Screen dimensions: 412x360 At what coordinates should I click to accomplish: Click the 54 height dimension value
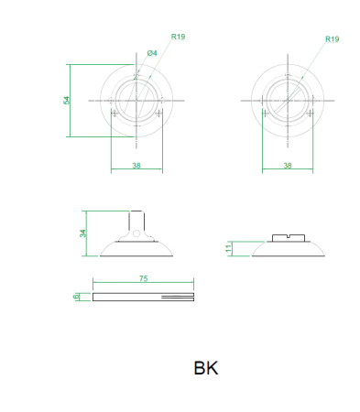[66, 101]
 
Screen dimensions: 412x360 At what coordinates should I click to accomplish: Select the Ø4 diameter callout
[152, 54]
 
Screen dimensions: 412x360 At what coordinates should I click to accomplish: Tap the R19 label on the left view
[179, 37]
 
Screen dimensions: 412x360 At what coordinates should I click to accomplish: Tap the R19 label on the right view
[332, 39]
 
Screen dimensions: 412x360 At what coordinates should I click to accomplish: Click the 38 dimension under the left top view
[136, 166]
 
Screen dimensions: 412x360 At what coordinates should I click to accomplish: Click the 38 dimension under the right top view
[288, 166]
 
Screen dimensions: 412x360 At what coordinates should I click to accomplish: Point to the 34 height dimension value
[82, 233]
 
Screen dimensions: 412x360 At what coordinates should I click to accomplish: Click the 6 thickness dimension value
[77, 296]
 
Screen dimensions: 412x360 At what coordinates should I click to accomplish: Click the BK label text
[205, 369]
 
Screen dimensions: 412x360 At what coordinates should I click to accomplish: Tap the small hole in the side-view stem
[136, 233]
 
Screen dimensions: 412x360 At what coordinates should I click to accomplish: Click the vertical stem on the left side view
[136, 221]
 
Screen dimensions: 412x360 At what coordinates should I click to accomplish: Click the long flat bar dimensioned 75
[128, 296]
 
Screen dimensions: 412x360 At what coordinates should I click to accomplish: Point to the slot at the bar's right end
[178, 296]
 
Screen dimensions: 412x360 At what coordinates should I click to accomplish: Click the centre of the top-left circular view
[136, 100]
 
